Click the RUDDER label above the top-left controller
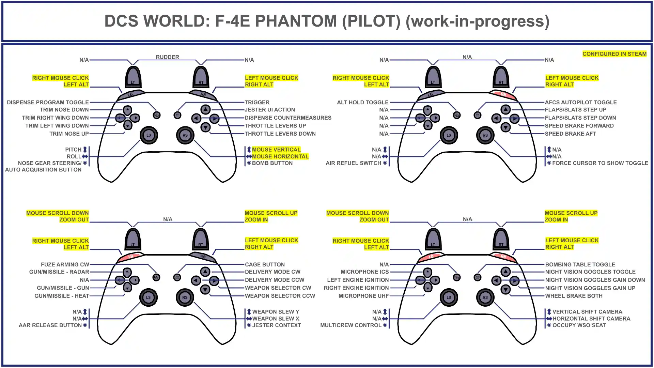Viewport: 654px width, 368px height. click(167, 57)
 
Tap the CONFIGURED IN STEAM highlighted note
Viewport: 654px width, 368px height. click(614, 54)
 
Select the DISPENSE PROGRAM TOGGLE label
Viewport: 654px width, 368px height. click(48, 102)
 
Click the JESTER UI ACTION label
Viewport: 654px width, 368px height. click(270, 110)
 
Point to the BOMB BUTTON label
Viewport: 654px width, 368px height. click(272, 163)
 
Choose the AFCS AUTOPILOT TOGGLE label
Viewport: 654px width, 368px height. click(580, 102)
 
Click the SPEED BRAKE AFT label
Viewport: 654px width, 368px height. click(570, 134)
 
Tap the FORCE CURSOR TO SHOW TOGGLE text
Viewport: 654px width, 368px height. click(600, 163)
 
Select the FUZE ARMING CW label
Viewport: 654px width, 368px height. click(65, 264)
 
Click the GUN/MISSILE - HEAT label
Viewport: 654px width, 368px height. click(62, 296)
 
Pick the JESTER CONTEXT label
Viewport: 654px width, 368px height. click(276, 325)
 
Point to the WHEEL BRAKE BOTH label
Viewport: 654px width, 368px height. click(574, 296)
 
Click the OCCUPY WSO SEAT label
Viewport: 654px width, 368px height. click(579, 325)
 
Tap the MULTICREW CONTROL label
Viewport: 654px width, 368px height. click(351, 325)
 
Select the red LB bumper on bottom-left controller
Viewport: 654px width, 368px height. click(131, 257)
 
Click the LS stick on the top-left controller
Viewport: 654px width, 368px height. click(149, 135)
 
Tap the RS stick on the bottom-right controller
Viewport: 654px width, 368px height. click(485, 297)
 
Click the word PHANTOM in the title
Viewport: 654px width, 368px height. click(296, 21)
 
